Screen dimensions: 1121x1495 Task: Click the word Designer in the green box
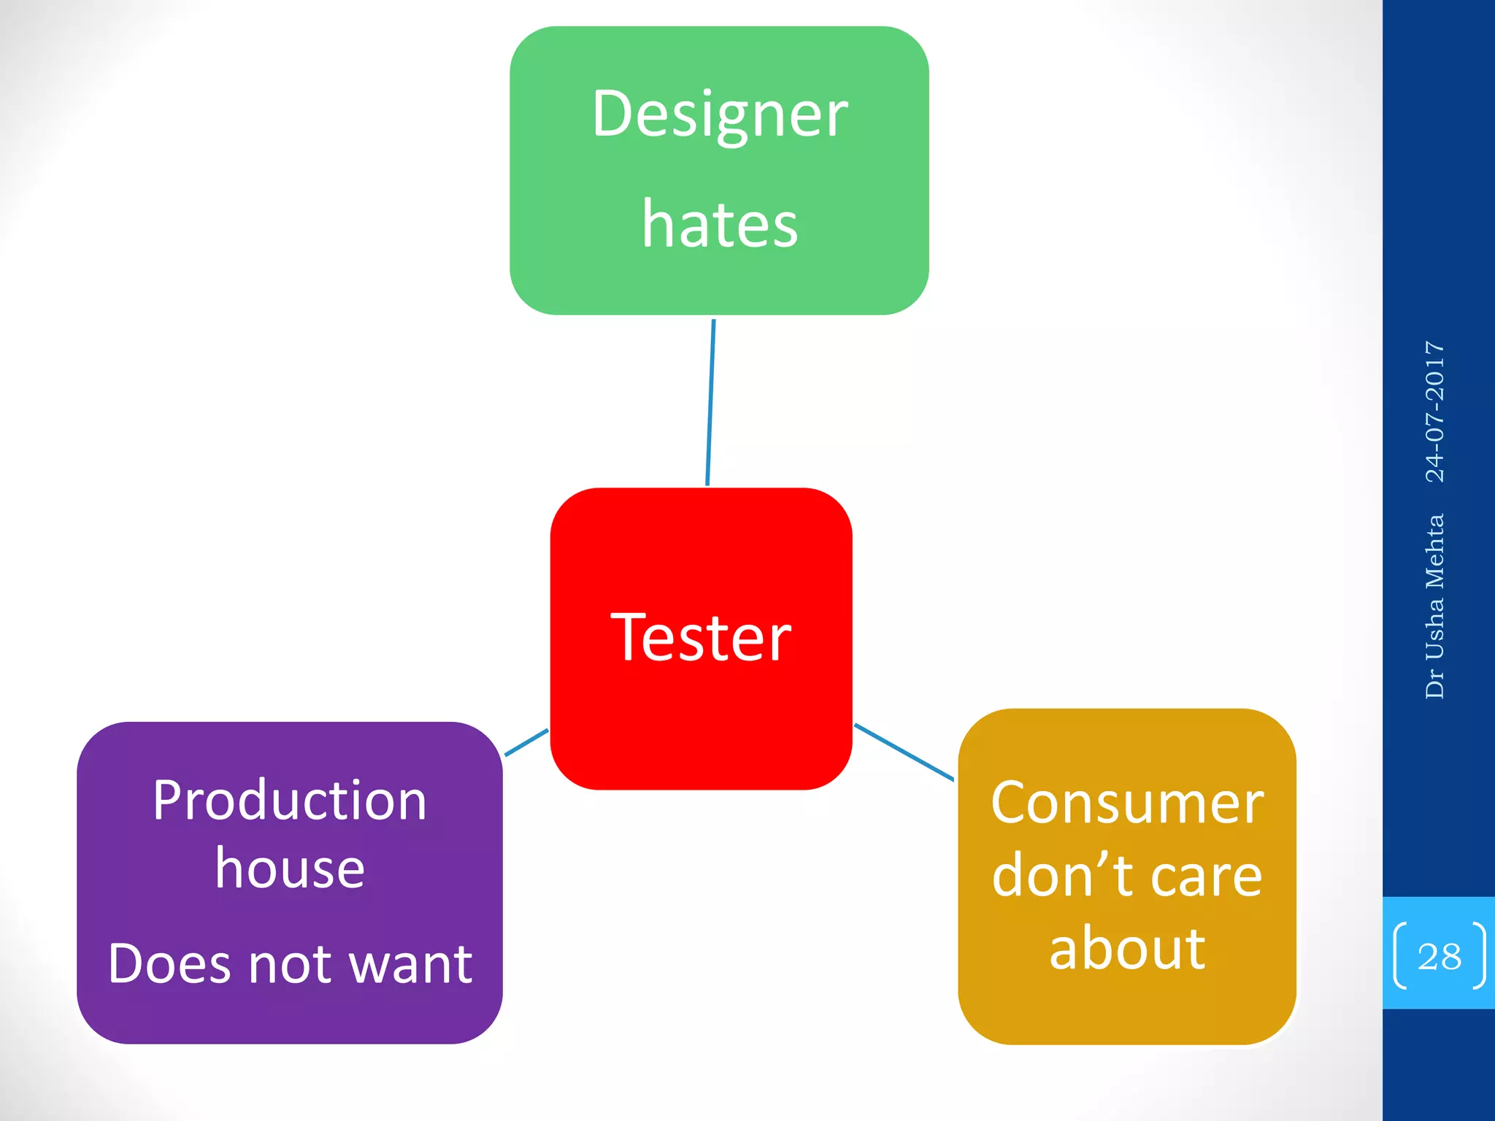[x=720, y=115]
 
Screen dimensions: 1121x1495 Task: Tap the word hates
[x=720, y=225]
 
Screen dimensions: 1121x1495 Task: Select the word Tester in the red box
[x=701, y=639]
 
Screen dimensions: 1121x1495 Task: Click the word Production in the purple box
[x=290, y=801]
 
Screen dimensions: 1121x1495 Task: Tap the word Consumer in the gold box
[x=1127, y=804]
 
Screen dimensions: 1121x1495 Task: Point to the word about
[x=1127, y=949]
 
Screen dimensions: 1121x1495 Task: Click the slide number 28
[x=1439, y=957]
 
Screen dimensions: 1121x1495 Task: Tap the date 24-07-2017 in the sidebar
[x=1435, y=412]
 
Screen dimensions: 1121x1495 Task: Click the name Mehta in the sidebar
[x=1435, y=552]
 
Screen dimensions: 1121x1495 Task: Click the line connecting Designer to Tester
[x=710, y=402]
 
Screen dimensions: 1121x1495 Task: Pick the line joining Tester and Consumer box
[x=904, y=752]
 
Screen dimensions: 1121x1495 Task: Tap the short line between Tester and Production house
[x=526, y=742]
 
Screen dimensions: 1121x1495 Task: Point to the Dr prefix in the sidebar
[x=1435, y=686]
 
